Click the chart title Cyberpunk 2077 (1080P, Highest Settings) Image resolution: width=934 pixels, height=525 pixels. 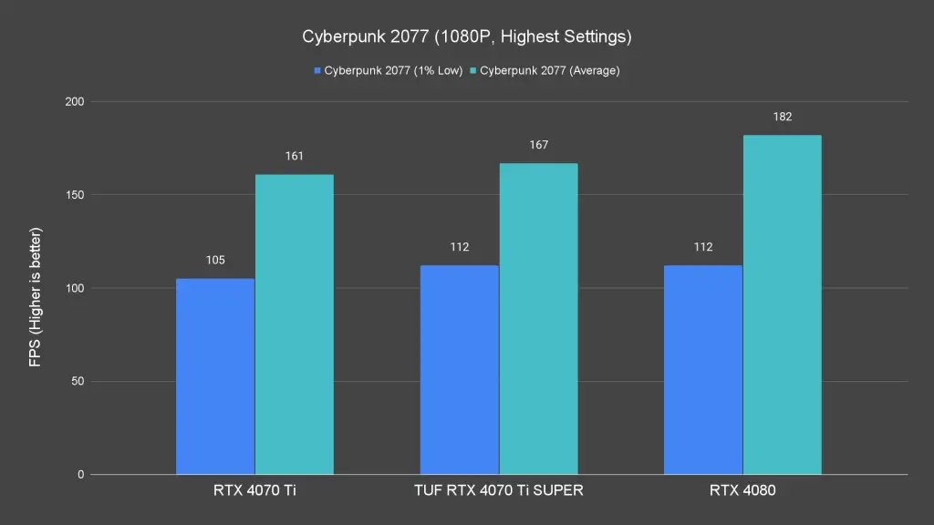(467, 37)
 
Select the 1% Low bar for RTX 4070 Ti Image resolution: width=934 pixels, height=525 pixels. (215, 376)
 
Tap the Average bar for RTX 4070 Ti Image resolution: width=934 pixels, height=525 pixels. (294, 324)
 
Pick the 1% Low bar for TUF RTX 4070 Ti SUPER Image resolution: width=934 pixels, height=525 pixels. (460, 370)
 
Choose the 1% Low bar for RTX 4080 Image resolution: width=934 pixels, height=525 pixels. (703, 370)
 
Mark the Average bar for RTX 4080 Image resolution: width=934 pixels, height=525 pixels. (783, 304)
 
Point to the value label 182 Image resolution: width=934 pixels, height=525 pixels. (783, 117)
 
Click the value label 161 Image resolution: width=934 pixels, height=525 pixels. (294, 156)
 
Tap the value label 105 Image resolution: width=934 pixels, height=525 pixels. (215, 260)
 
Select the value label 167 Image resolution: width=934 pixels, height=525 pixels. (538, 145)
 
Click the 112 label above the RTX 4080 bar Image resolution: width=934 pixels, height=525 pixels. (703, 247)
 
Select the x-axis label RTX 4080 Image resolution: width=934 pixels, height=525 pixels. (742, 491)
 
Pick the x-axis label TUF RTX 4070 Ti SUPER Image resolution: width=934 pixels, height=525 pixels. (499, 491)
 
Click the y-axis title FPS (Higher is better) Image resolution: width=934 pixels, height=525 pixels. (36, 297)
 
